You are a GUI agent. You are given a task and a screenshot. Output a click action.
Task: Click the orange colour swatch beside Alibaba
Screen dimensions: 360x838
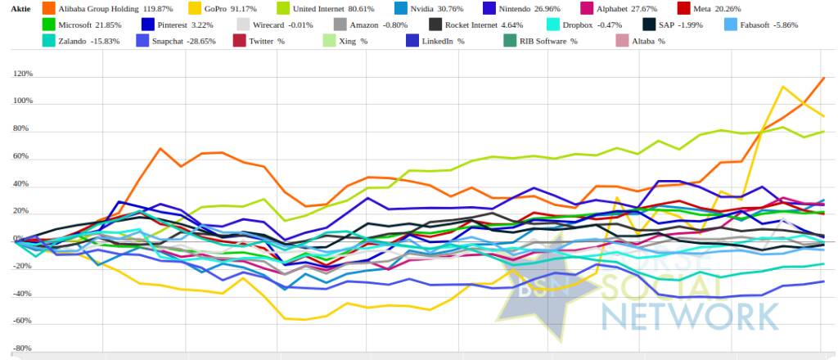point(48,8)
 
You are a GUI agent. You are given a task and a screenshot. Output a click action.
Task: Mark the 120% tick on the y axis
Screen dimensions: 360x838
point(22,74)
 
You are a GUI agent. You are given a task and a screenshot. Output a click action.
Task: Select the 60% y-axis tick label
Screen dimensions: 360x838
point(24,156)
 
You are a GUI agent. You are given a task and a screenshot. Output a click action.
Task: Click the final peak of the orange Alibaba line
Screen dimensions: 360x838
point(823,78)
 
